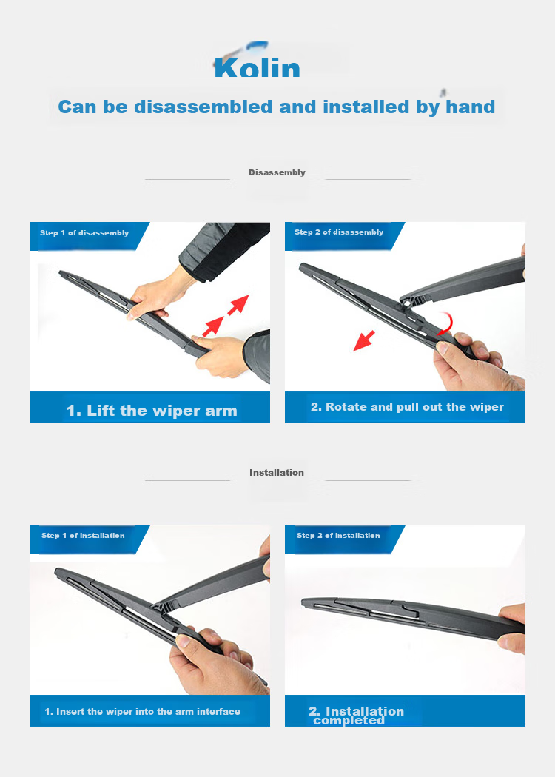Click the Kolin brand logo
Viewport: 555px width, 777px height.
(x=258, y=61)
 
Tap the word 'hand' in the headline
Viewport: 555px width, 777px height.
(x=470, y=107)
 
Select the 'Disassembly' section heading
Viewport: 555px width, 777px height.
(x=277, y=172)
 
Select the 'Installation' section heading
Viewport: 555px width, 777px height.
(x=277, y=473)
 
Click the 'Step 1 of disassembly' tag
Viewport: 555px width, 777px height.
(x=84, y=233)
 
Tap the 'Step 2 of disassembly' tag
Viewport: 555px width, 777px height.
(x=339, y=232)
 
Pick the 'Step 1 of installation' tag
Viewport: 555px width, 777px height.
(x=83, y=535)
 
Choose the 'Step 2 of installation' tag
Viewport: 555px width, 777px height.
(x=338, y=535)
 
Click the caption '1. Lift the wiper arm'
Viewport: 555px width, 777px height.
(x=152, y=411)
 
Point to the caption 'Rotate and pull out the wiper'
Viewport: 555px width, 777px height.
(x=414, y=407)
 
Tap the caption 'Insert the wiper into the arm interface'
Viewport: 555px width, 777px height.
(x=148, y=712)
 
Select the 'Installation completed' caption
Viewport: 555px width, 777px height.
(x=356, y=716)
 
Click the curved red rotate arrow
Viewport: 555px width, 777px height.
(x=447, y=323)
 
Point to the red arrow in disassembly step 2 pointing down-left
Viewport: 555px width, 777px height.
(x=364, y=340)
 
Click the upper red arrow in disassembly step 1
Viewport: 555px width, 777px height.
(x=238, y=305)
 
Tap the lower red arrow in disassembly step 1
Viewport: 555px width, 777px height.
(x=213, y=327)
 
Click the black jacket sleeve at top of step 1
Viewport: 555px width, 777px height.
(x=226, y=250)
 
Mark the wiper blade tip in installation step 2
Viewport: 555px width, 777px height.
(x=303, y=602)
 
